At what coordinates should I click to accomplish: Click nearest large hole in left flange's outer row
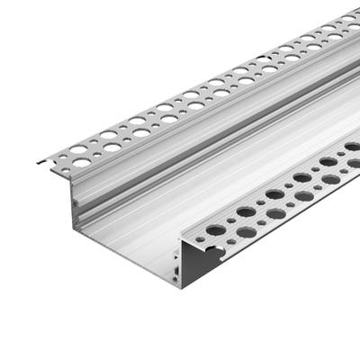click(82, 163)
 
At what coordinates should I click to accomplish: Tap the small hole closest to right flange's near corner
click(200, 240)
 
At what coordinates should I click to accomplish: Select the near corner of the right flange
click(184, 238)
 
